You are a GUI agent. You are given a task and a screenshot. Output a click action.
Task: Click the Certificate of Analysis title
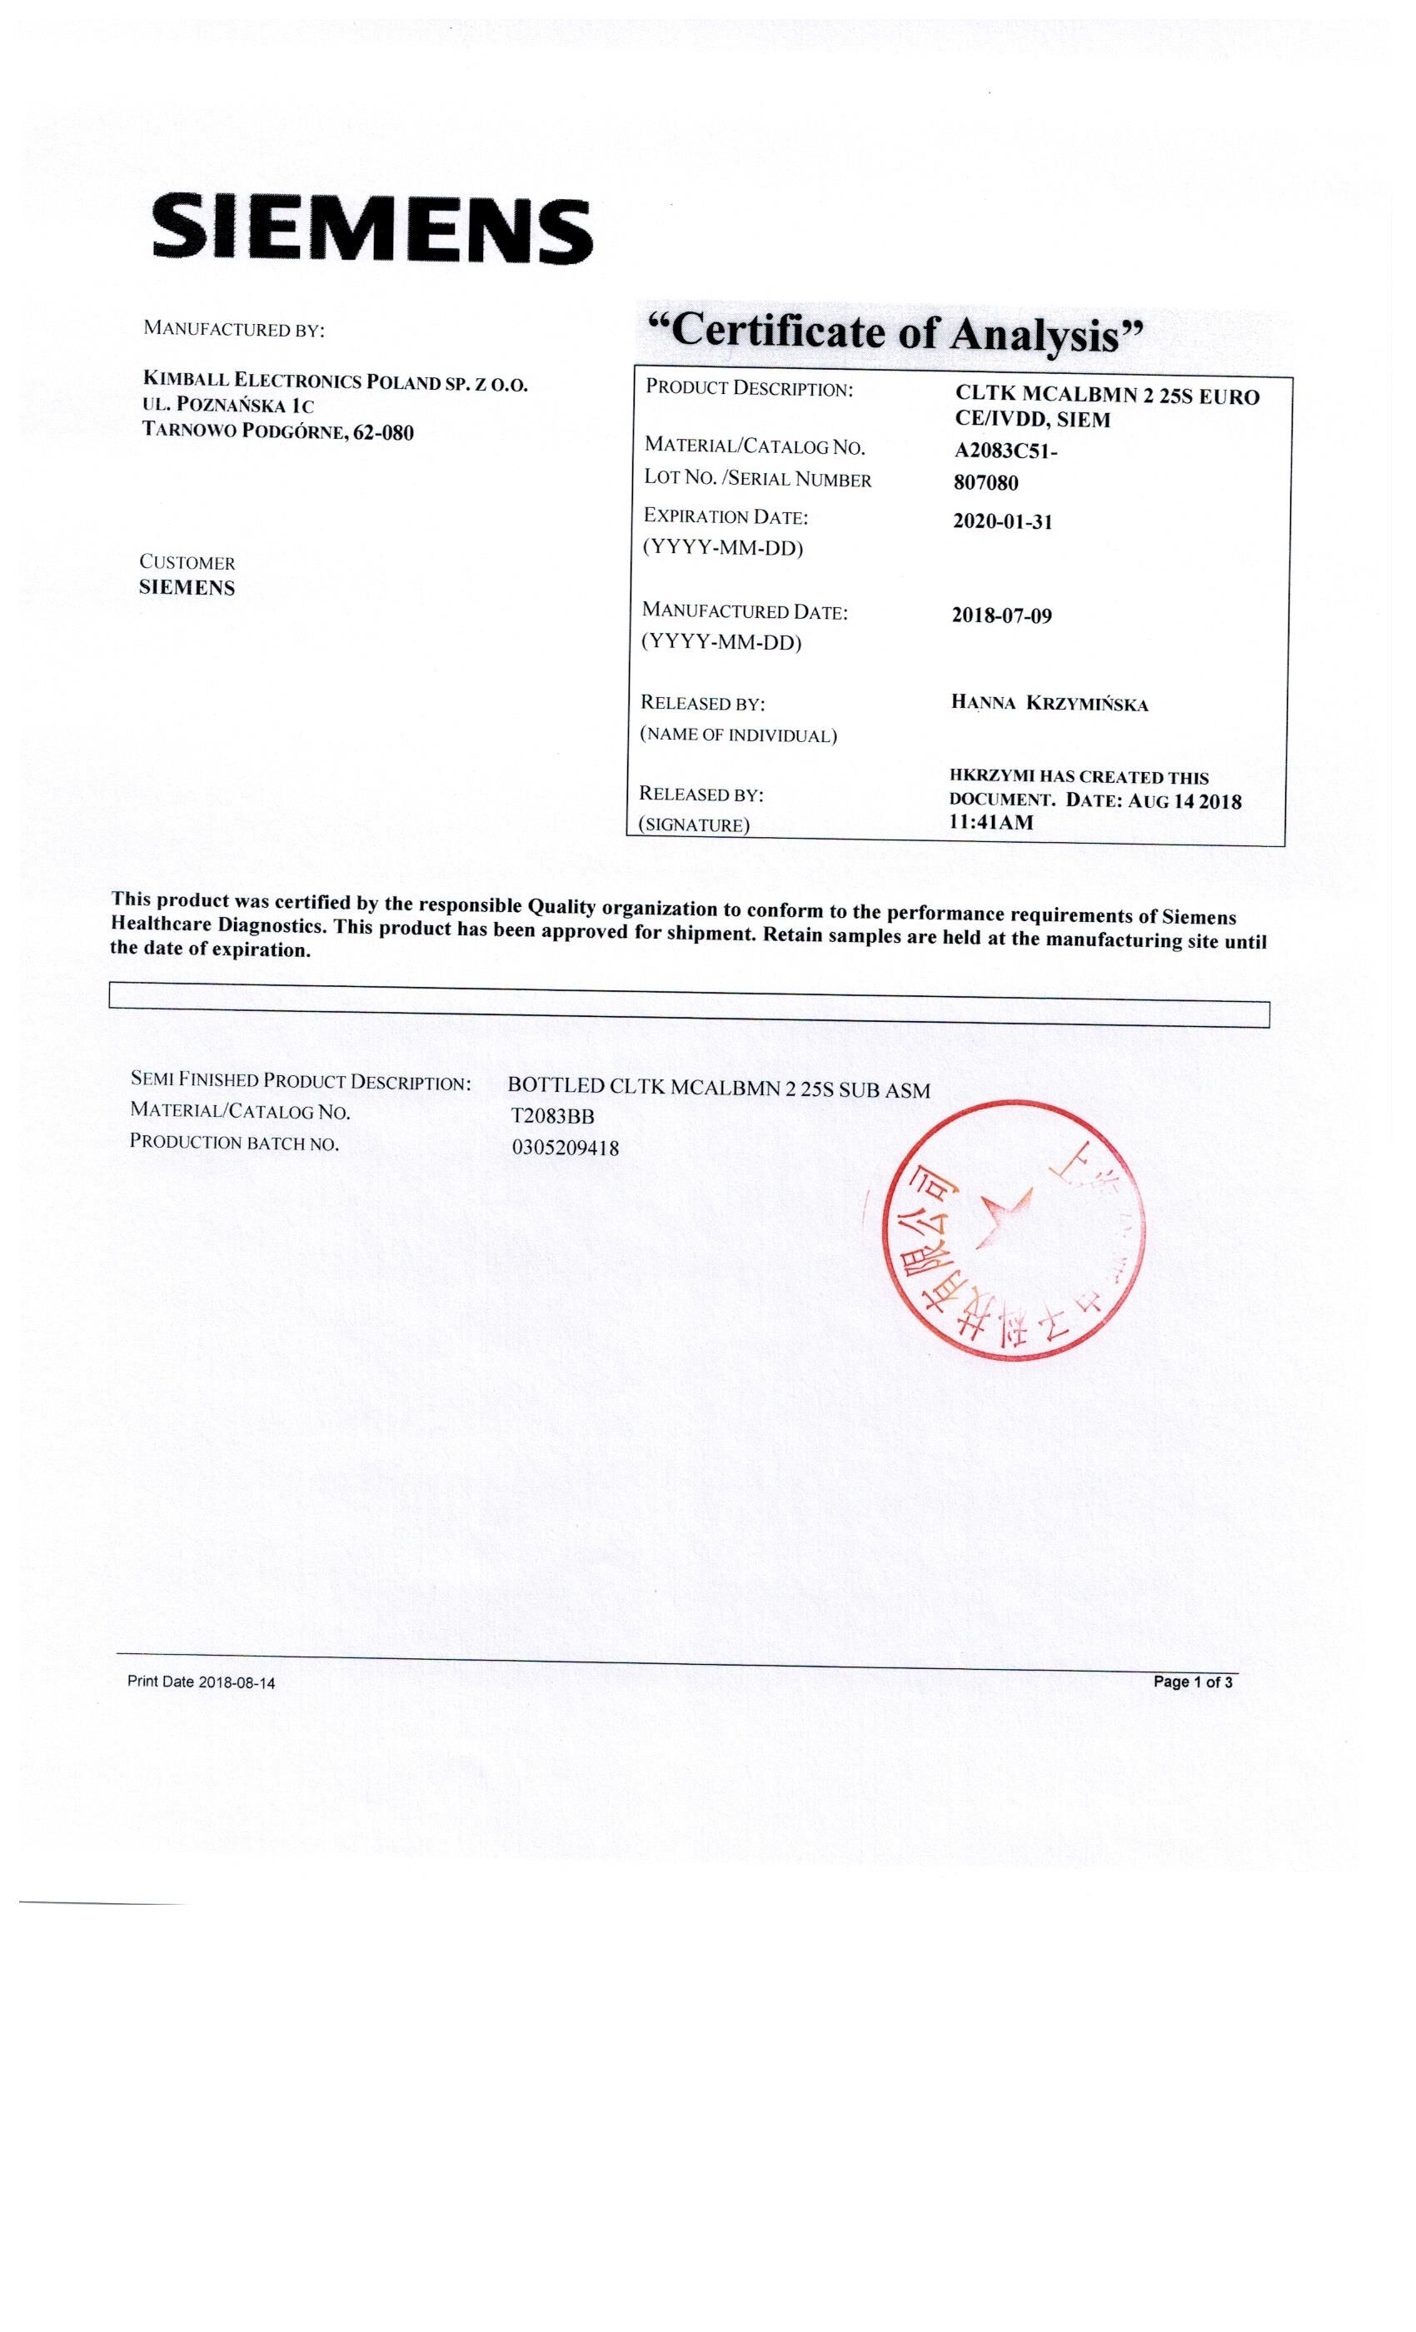coord(894,333)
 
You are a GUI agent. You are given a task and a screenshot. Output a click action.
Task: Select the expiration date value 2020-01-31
coord(1001,521)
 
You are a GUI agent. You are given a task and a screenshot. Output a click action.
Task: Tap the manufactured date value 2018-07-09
coord(1000,616)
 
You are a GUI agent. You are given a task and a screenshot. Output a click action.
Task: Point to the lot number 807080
coord(985,483)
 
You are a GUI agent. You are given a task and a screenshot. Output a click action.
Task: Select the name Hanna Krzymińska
coord(1049,703)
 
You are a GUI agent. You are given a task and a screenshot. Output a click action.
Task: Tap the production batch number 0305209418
coord(565,1148)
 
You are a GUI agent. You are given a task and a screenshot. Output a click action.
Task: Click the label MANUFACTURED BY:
coord(233,329)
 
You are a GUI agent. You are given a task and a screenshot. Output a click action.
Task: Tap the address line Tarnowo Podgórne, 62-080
coord(277,432)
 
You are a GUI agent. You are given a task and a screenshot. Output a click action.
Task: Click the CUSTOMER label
coord(187,562)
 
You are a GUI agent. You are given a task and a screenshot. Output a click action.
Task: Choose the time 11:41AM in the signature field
coord(990,823)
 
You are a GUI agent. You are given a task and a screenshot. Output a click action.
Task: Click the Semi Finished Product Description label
coord(300,1081)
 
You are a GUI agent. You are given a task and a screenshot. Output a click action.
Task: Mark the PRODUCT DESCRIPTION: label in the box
coord(749,389)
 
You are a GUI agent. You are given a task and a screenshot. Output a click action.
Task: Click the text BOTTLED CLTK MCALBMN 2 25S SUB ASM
coord(718,1089)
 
